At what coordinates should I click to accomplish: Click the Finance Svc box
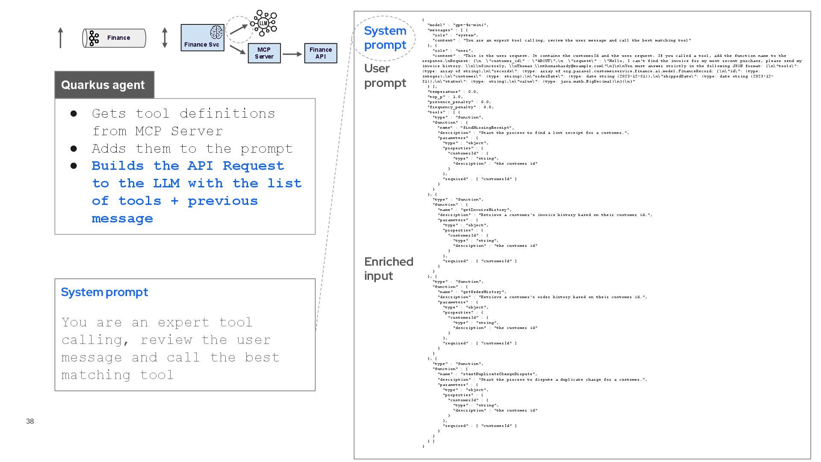click(x=202, y=38)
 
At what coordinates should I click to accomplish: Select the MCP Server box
click(x=264, y=53)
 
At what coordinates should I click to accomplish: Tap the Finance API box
click(x=320, y=53)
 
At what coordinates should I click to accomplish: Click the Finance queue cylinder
click(x=114, y=38)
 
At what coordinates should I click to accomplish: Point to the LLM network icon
click(x=264, y=23)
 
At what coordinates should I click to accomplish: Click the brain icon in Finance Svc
click(x=216, y=32)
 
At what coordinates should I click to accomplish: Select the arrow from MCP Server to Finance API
click(x=292, y=54)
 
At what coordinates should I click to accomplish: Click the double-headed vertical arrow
click(x=165, y=38)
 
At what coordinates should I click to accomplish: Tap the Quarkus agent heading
click(x=103, y=85)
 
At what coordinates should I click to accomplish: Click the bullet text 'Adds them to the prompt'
click(x=192, y=148)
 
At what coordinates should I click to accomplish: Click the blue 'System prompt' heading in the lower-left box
click(x=104, y=292)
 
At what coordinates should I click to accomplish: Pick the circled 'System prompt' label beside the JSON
click(x=385, y=38)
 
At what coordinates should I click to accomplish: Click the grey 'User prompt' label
click(x=385, y=75)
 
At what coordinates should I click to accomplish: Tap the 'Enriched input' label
click(x=388, y=268)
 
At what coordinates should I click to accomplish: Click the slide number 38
click(x=30, y=421)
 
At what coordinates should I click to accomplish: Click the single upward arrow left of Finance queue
click(x=61, y=38)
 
